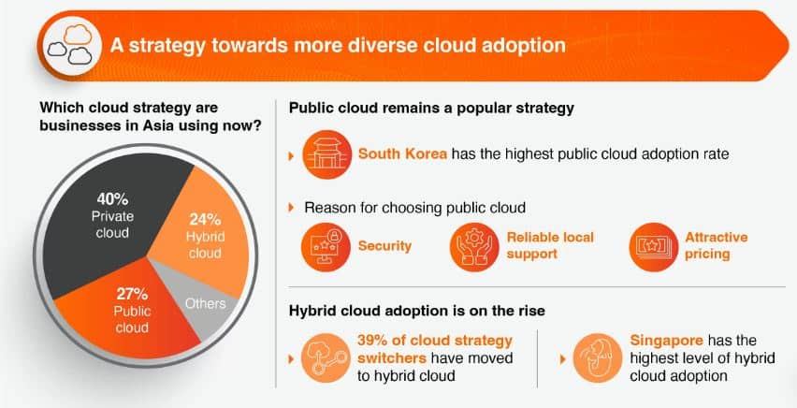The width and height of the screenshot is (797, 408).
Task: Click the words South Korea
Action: [402, 153]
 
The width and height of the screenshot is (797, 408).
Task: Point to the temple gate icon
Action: [326, 154]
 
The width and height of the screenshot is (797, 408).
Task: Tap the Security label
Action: [384, 246]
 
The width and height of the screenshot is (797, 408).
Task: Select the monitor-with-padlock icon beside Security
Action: [326, 247]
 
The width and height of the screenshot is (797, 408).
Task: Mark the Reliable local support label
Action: [550, 246]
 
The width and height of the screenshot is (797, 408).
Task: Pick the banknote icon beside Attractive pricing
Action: [654, 247]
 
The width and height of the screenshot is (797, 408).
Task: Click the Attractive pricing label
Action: [717, 246]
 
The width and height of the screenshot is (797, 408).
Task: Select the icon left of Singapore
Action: [598, 358]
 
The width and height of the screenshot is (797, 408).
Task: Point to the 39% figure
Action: [371, 341]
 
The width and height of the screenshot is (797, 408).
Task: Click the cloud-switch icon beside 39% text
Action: [326, 358]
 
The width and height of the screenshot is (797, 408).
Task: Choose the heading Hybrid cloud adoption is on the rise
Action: [417, 311]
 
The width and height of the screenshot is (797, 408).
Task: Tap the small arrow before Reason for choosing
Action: [291, 208]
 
